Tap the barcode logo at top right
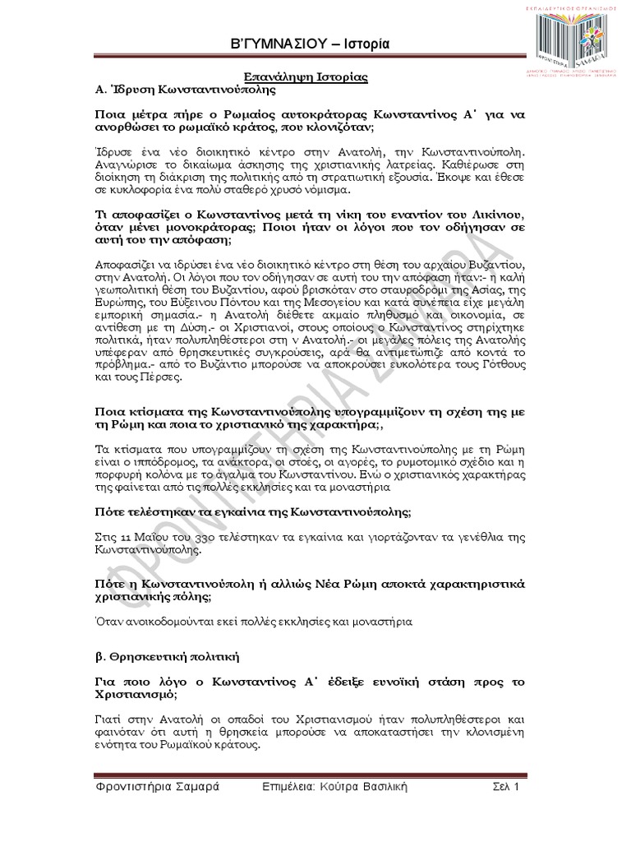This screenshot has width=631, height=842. tap(566, 42)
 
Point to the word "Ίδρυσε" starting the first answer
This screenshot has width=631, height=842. tap(112, 154)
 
